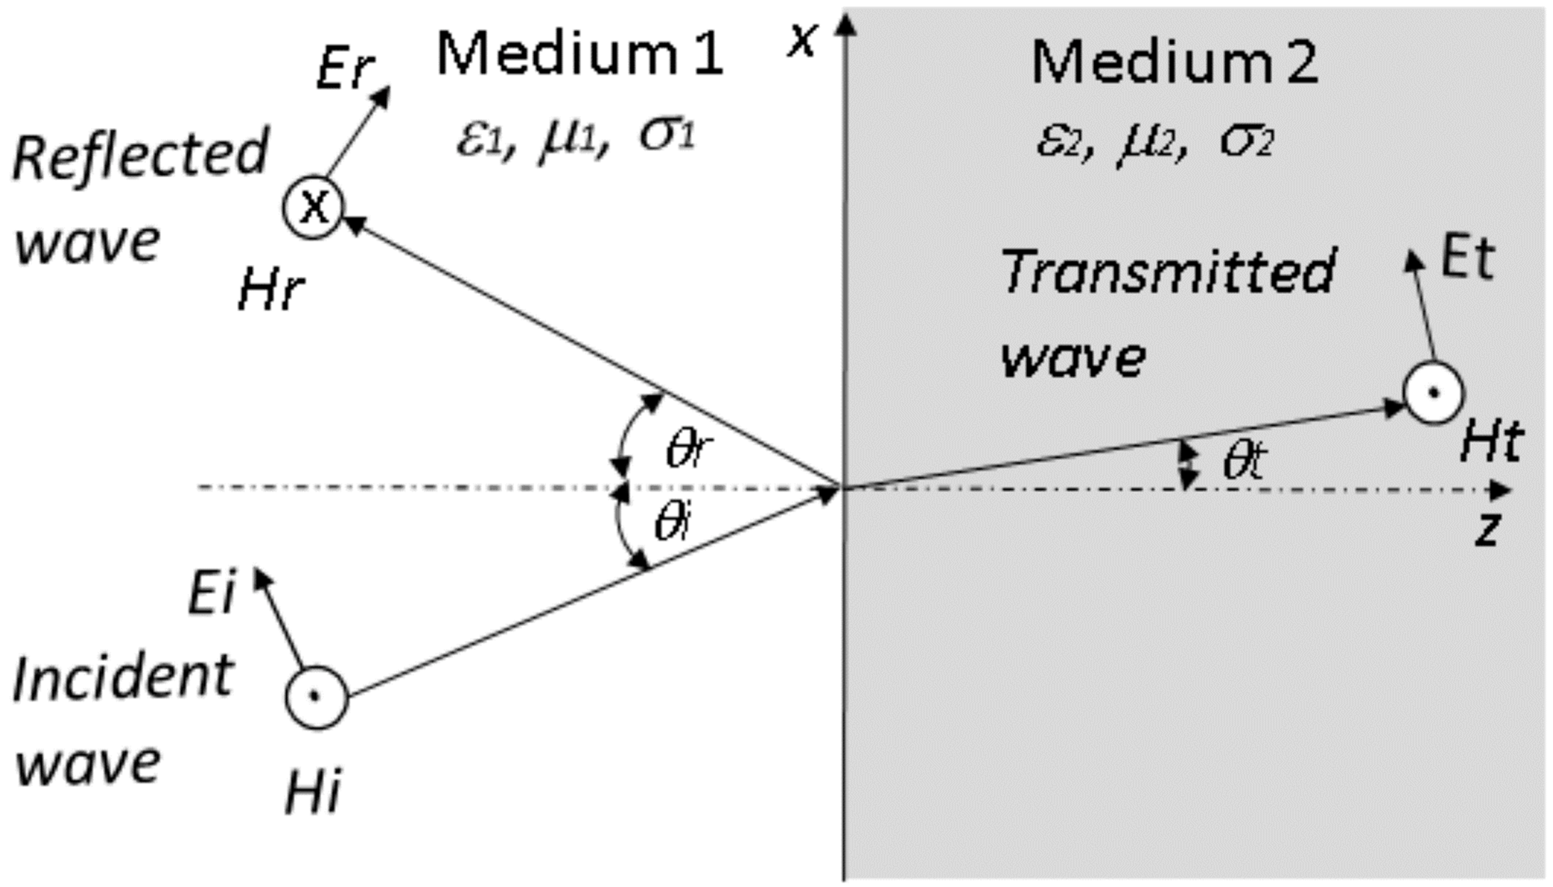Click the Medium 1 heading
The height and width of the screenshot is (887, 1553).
[579, 55]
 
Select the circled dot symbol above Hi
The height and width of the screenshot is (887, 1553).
[316, 697]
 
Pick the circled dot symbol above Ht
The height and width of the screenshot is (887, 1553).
[1433, 393]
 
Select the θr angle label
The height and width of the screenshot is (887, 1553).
[689, 450]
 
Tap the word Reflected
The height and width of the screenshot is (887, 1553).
[140, 155]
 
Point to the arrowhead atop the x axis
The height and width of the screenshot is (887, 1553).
[844, 24]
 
